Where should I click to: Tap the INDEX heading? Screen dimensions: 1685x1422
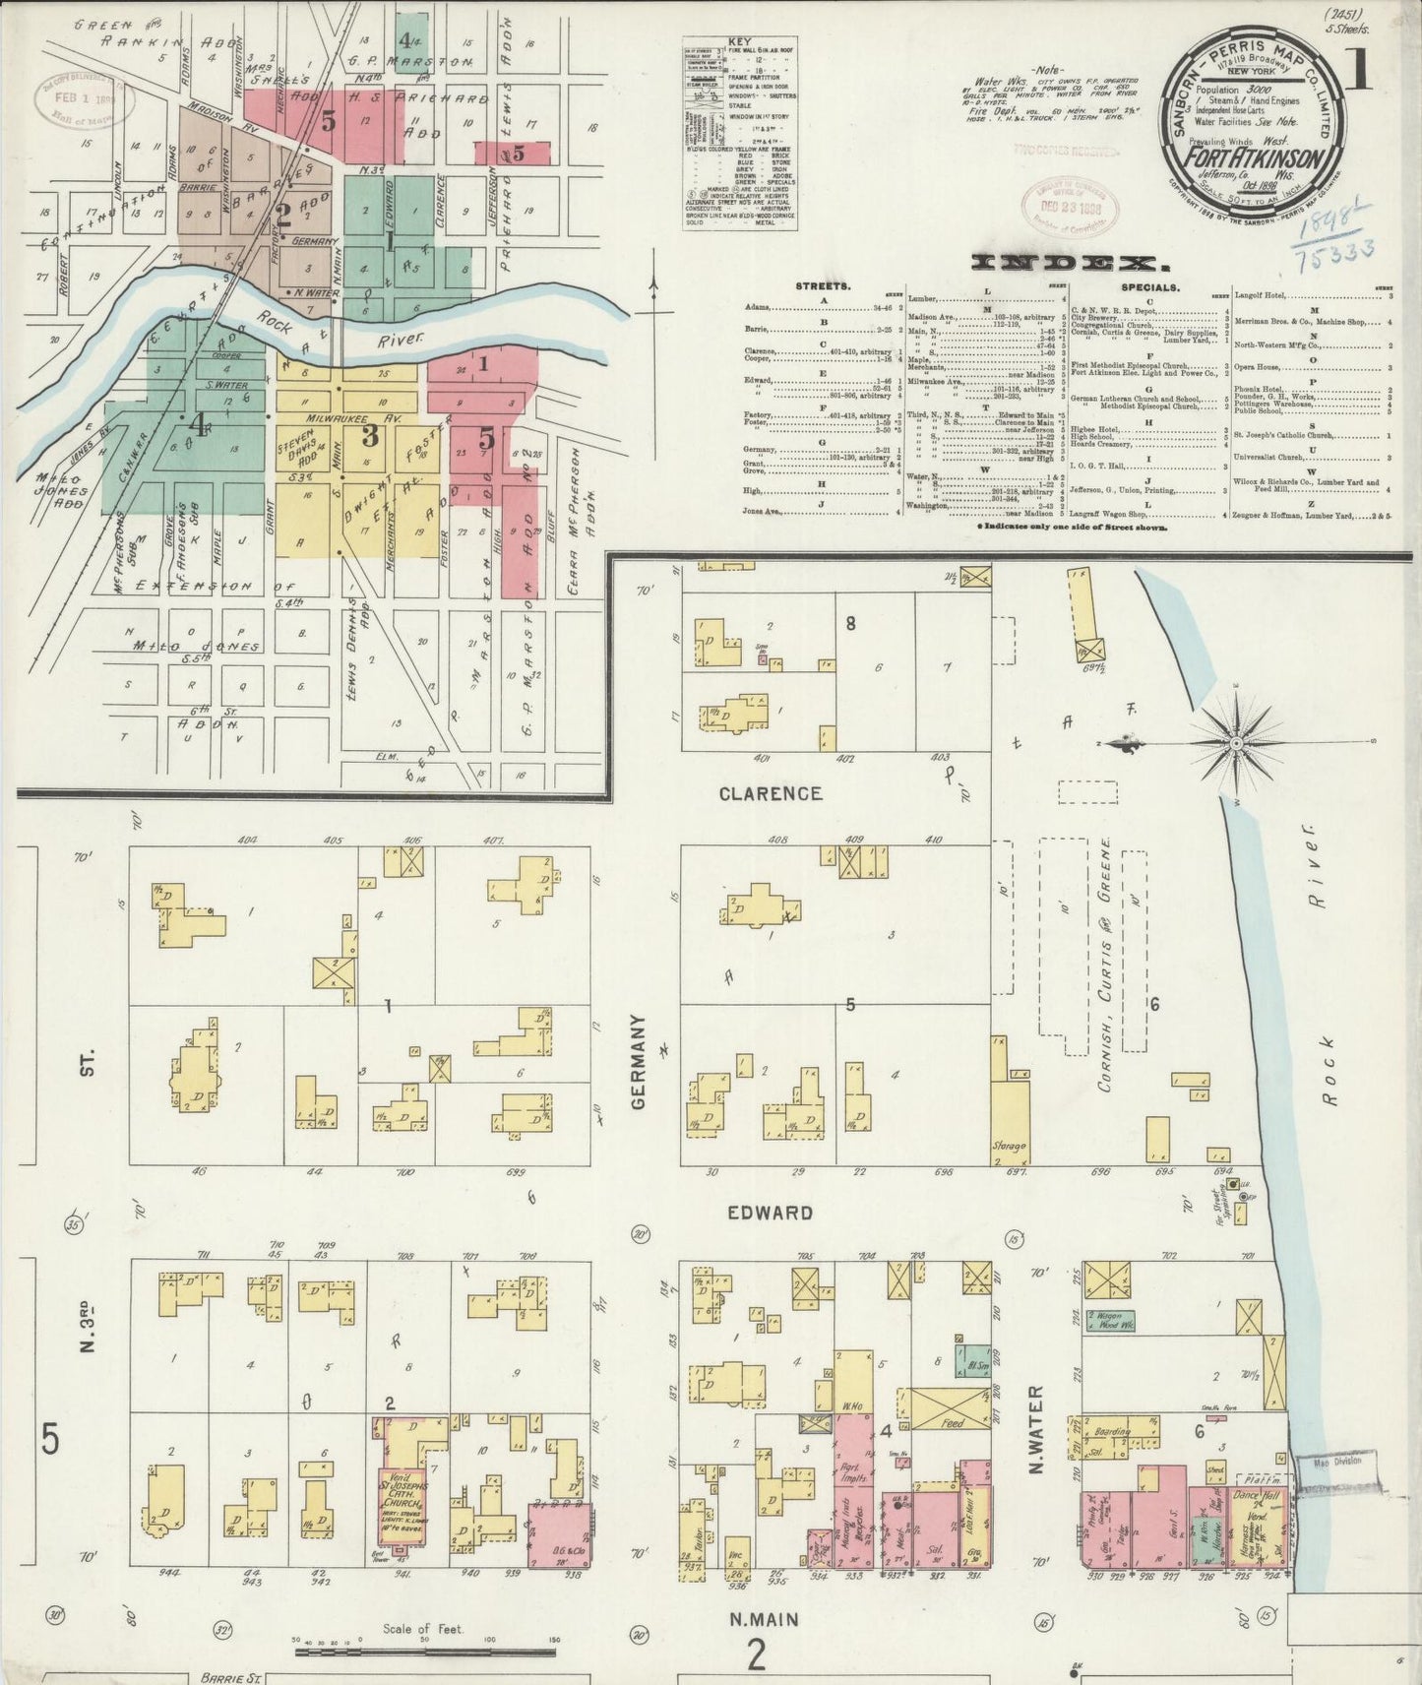1063,263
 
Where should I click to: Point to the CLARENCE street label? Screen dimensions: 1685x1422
770,793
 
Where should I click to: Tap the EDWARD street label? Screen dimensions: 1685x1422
771,1213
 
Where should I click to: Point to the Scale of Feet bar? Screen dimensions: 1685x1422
427,1641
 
